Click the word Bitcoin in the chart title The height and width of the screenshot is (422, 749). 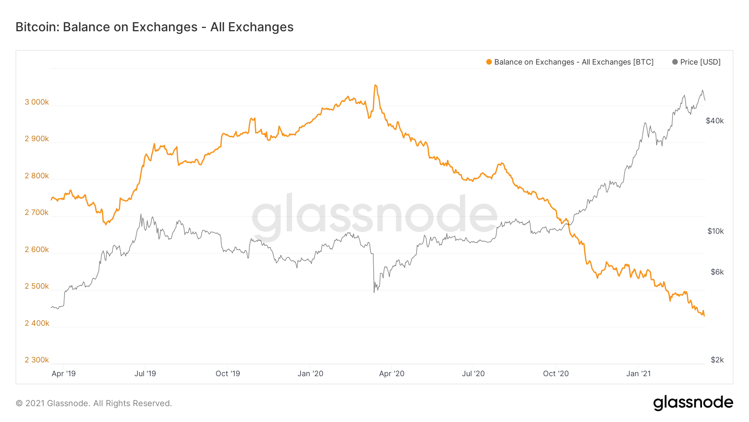tap(37, 27)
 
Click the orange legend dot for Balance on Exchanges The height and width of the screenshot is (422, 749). tap(489, 62)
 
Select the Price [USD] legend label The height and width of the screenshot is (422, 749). tap(700, 62)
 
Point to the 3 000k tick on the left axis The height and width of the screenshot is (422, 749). tap(37, 102)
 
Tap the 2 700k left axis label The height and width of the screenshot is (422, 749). tap(37, 212)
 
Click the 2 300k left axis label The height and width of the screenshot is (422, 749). tap(37, 360)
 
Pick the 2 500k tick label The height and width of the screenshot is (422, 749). tap(37, 286)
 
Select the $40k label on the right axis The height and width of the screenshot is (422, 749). tap(715, 121)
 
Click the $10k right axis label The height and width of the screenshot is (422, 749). tap(715, 231)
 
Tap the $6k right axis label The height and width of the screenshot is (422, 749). tap(717, 272)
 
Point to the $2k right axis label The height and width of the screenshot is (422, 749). tap(717, 360)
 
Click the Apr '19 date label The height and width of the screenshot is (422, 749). tap(64, 374)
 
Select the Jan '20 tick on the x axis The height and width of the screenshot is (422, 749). tap(310, 374)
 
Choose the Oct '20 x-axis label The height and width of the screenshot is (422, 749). tap(556, 374)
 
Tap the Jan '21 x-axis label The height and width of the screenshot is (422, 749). tap(638, 374)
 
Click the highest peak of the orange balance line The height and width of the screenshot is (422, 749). tap(375, 85)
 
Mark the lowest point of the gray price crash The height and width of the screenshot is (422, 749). tap(374, 292)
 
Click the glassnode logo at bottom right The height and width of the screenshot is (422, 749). tap(693, 403)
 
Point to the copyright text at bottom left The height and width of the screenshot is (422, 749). tap(94, 403)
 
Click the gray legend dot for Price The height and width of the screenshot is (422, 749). tap(675, 62)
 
